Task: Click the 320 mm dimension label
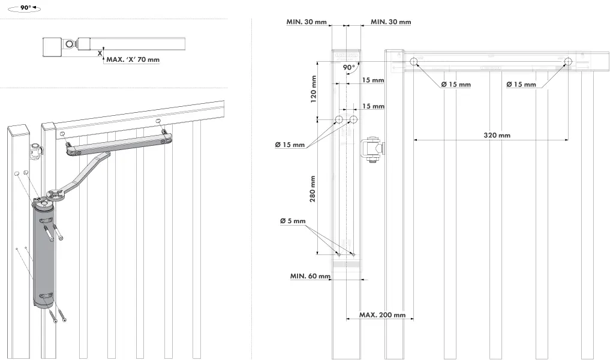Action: tap(497, 136)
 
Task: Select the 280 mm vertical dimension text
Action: tap(313, 188)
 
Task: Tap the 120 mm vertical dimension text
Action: tap(313, 89)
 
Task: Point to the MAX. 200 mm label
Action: tap(382, 315)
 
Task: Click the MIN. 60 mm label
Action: tap(310, 277)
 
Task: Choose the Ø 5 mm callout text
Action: tap(293, 221)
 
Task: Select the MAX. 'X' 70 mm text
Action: tap(133, 59)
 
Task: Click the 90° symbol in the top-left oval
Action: tap(25, 9)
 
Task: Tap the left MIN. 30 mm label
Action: tap(306, 22)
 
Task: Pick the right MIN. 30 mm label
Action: tap(390, 22)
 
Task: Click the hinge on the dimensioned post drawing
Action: tap(372, 150)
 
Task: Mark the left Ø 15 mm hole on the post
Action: tap(339, 120)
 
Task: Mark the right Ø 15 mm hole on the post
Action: tap(353, 120)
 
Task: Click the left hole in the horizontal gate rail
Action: tap(413, 61)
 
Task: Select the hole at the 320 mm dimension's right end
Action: tap(568, 61)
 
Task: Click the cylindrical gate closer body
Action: tap(44, 255)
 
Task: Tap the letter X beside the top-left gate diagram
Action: tap(100, 53)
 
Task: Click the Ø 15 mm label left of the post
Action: tap(290, 145)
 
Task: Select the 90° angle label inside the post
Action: tap(348, 68)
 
